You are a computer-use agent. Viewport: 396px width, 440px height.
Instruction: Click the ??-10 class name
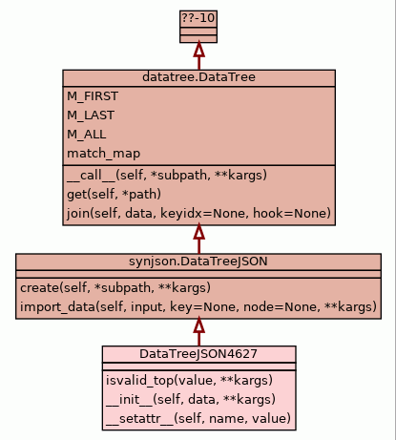click(x=198, y=18)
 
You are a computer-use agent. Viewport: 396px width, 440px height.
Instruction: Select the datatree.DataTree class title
click(x=198, y=77)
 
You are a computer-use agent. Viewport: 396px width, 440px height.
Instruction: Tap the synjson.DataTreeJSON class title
click(x=198, y=262)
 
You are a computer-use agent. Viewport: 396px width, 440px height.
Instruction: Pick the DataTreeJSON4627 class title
click(x=198, y=354)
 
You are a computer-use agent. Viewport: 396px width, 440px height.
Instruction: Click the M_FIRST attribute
click(x=93, y=96)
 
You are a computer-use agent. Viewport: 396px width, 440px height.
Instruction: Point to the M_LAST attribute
click(x=91, y=115)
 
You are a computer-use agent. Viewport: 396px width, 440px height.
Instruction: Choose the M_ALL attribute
click(x=87, y=135)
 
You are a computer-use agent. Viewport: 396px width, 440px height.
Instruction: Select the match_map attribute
click(x=103, y=154)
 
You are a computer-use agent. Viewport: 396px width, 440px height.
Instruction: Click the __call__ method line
click(x=167, y=176)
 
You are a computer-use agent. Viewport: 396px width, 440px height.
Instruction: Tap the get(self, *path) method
click(x=114, y=194)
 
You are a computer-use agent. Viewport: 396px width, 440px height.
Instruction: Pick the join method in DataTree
click(x=198, y=213)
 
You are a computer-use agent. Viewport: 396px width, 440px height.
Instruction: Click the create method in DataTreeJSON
click(x=115, y=288)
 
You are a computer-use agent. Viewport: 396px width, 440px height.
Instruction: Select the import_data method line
click(x=198, y=307)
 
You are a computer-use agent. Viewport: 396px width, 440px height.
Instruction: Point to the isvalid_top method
click(x=189, y=380)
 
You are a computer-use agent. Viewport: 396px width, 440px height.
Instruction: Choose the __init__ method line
click(x=191, y=399)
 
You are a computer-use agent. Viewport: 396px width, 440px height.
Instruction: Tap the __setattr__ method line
click(x=198, y=418)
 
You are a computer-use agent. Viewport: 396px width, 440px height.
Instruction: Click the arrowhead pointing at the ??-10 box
click(x=198, y=50)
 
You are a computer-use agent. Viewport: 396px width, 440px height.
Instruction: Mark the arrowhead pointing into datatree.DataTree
click(x=198, y=232)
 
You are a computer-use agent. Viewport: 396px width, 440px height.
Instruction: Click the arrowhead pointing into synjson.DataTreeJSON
click(x=198, y=325)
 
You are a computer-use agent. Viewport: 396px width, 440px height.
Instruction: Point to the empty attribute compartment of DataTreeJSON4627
click(x=198, y=367)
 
